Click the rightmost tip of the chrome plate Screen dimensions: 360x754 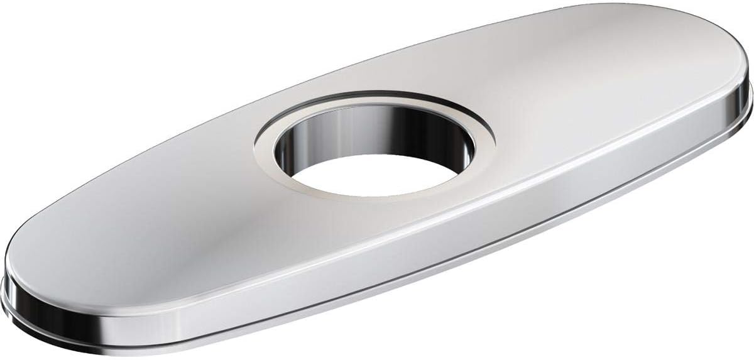click(751, 94)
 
